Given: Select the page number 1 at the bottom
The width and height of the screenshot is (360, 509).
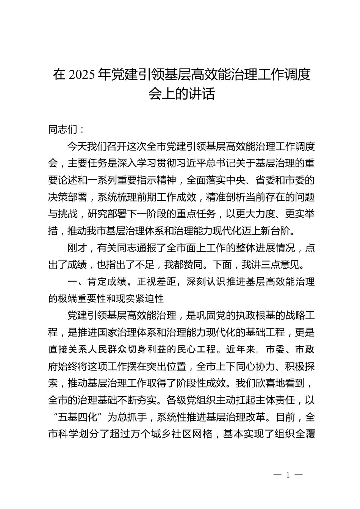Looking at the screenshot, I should [288, 475].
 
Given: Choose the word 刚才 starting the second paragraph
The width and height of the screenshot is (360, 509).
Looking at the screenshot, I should [76, 248].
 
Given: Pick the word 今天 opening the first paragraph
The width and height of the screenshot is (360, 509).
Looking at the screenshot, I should [76, 147].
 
